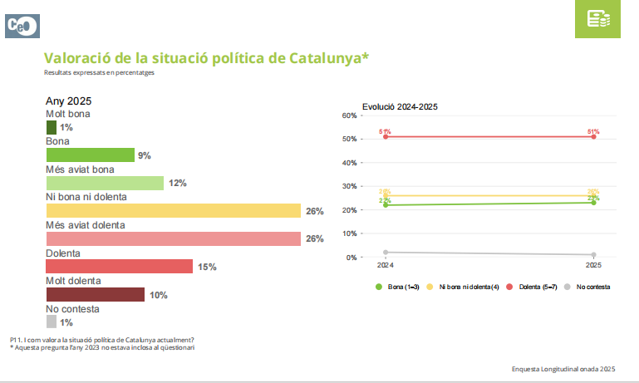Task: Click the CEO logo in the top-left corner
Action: point(20,25)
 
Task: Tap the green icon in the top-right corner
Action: point(598,19)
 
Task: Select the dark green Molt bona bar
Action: point(52,127)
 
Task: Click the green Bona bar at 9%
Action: point(90,155)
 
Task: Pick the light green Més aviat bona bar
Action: point(105,183)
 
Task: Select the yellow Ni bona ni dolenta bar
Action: point(173,211)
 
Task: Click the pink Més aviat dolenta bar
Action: point(173,238)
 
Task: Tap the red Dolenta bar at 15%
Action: point(119,266)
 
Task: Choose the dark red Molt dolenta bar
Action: point(96,294)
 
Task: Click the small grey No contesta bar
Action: point(52,322)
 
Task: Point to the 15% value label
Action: point(207,267)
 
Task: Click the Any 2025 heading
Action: point(68,101)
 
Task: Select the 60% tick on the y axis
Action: point(349,115)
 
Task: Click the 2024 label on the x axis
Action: point(385,266)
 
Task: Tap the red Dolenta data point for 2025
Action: point(593,136)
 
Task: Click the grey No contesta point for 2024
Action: point(386,252)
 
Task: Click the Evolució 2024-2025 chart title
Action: point(400,106)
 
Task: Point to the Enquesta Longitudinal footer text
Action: point(563,367)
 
